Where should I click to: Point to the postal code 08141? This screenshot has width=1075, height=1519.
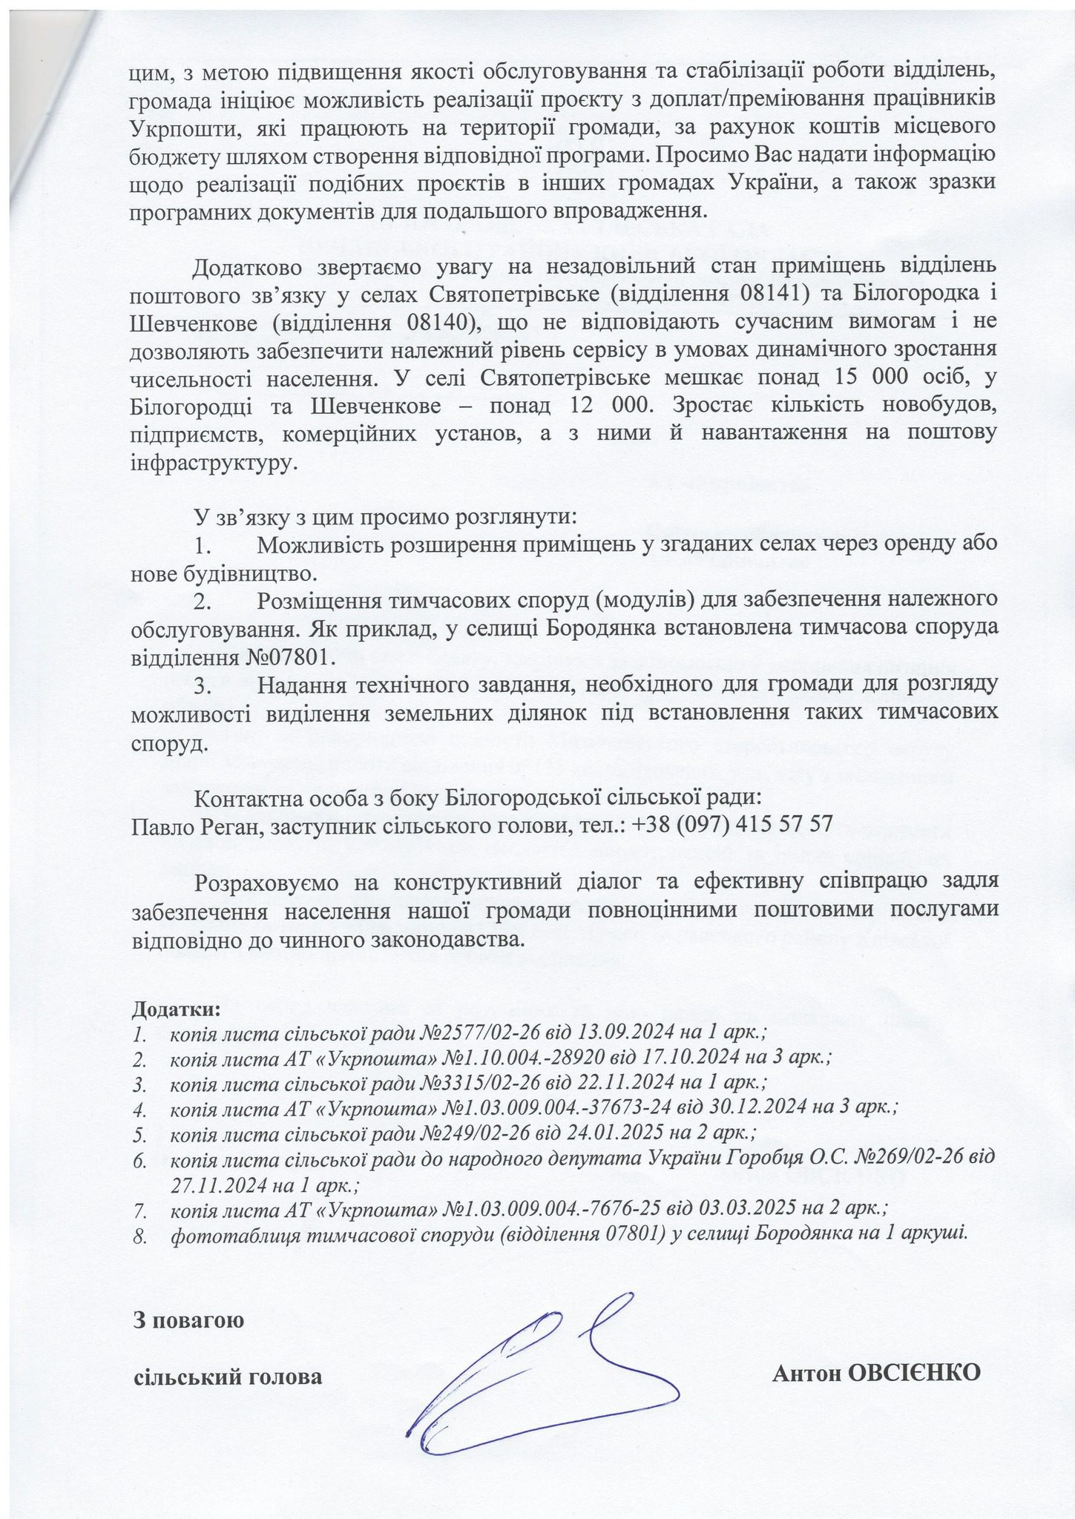(771, 294)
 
